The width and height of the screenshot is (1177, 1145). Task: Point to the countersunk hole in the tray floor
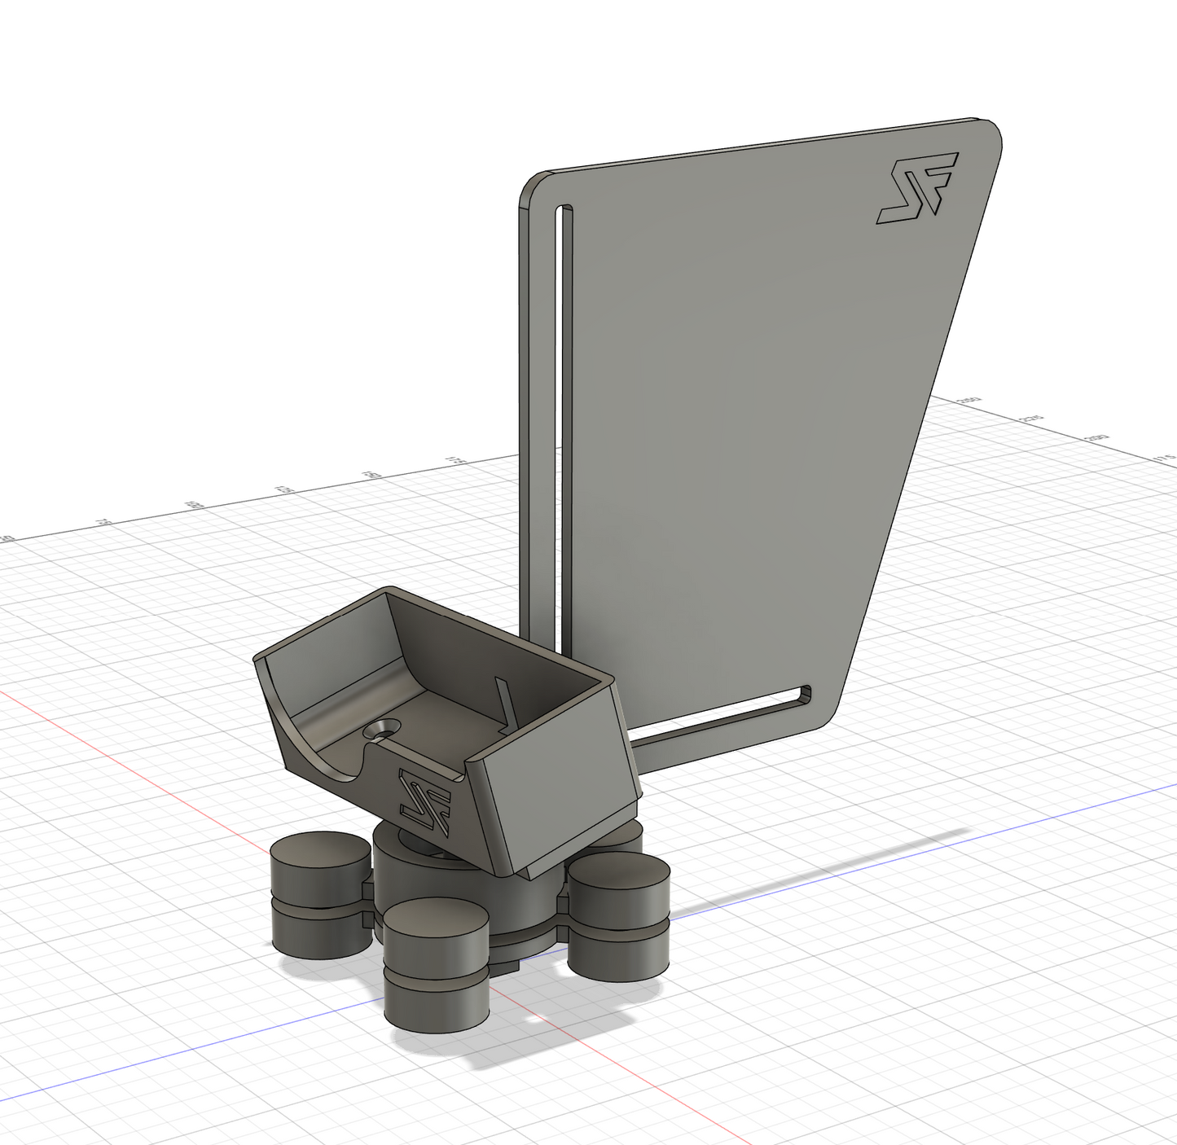click(382, 730)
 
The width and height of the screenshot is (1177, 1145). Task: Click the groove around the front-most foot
click(437, 974)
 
